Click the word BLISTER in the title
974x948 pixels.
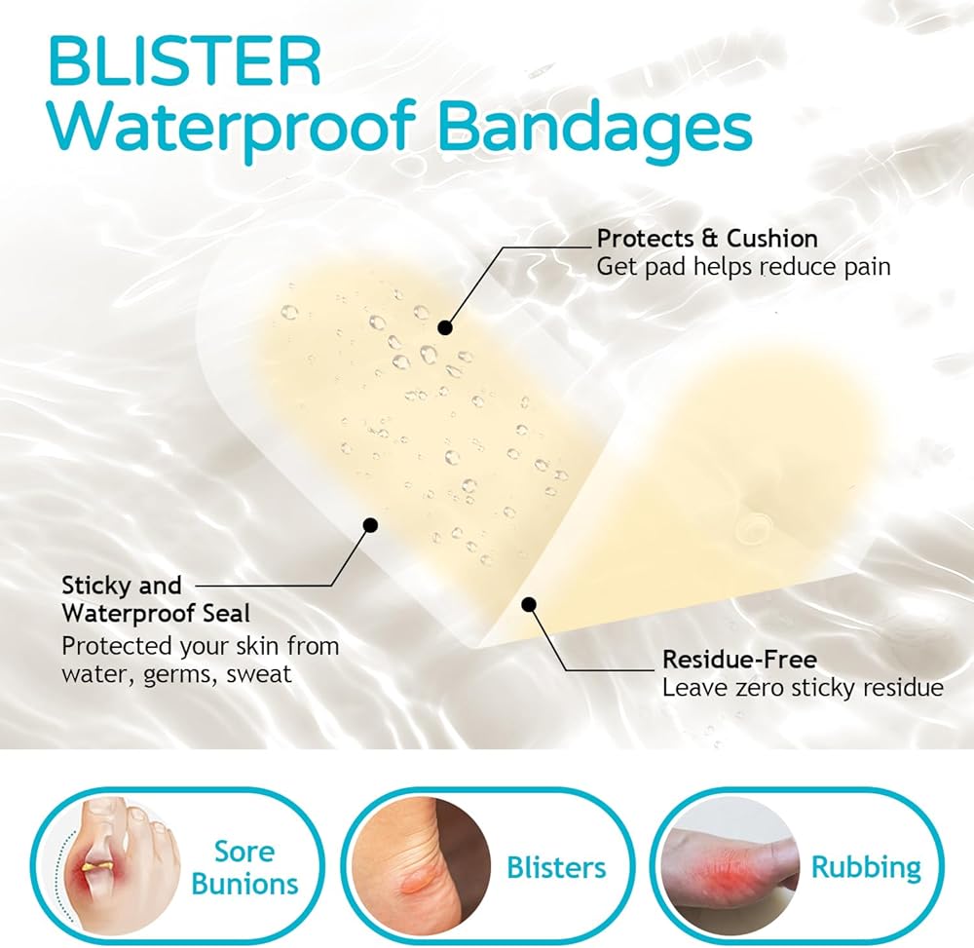(185, 61)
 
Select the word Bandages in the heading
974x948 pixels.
(595, 127)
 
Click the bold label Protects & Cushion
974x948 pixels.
(707, 238)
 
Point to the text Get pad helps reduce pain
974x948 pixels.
(743, 267)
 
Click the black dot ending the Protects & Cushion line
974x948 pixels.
(444, 327)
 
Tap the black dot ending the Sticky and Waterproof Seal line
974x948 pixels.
(370, 525)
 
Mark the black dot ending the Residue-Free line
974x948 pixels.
(529, 604)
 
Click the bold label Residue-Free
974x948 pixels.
(740, 659)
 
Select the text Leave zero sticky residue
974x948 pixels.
(804, 688)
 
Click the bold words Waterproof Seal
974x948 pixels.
(156, 614)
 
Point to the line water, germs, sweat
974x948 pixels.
(176, 674)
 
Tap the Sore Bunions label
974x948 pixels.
(244, 867)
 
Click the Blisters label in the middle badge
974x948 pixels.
(556, 867)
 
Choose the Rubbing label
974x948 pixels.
(866, 867)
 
